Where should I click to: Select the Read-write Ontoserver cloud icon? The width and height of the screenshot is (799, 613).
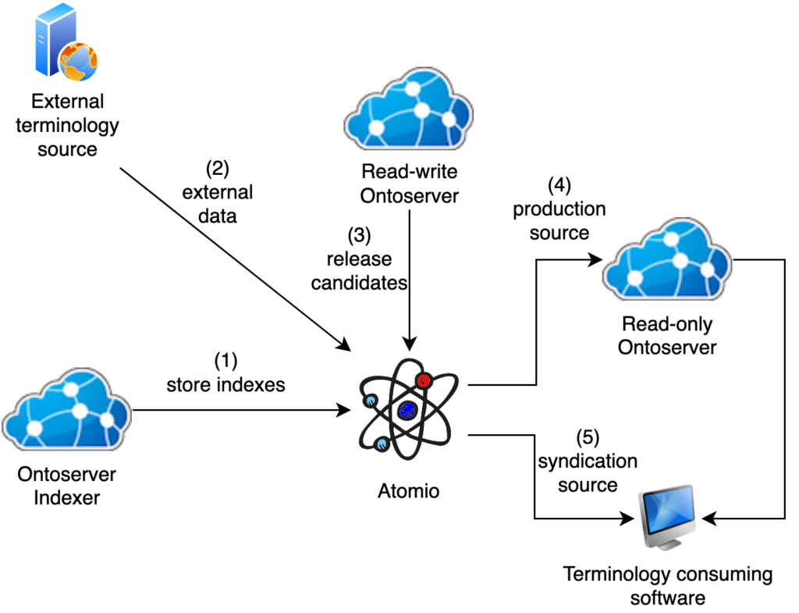click(409, 112)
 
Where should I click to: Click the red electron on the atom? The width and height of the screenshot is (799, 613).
click(424, 381)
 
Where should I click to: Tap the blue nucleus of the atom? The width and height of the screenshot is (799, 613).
click(406, 409)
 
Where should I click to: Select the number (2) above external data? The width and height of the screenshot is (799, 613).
click(218, 168)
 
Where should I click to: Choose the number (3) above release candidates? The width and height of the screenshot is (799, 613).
click(360, 234)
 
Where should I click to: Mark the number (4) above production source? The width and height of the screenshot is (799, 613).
click(559, 186)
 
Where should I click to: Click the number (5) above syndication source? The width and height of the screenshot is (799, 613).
click(588, 437)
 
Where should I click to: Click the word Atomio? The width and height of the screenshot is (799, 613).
click(408, 491)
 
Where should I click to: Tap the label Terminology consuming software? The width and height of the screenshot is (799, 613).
click(668, 586)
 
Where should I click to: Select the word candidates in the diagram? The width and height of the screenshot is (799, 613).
click(360, 282)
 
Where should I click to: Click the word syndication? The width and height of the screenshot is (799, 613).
click(588, 461)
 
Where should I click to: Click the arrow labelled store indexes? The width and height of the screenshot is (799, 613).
click(242, 409)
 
